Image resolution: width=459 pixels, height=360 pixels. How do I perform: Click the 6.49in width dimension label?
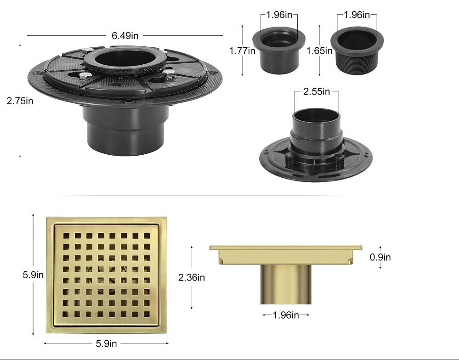click(125, 36)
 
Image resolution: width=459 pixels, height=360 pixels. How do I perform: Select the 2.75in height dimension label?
click(20, 101)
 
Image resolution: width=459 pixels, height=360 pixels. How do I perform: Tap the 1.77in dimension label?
click(242, 51)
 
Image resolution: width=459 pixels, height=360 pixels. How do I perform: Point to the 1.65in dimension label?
click(319, 51)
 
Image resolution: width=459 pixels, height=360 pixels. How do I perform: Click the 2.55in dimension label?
click(317, 91)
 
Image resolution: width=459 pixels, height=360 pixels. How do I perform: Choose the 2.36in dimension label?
click(192, 277)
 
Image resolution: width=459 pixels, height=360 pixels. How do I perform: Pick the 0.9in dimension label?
click(380, 257)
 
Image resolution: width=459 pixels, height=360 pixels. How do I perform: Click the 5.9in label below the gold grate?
click(106, 343)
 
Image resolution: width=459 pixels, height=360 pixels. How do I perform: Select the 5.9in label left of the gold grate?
click(33, 275)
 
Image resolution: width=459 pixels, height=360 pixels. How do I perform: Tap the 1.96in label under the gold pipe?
click(286, 315)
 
